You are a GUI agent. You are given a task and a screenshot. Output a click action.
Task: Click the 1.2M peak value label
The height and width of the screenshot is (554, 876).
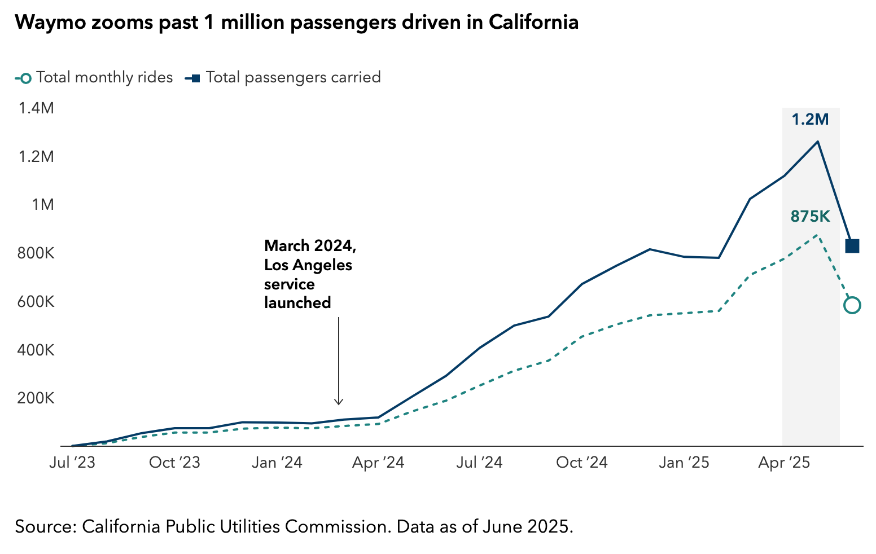pos(810,120)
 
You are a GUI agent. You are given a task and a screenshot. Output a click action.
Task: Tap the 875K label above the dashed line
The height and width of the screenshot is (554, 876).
pos(810,217)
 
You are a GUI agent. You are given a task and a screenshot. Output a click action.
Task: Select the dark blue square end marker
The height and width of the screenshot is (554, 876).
pos(852,246)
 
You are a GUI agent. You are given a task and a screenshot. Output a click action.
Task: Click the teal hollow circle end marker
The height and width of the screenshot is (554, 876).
pos(852,305)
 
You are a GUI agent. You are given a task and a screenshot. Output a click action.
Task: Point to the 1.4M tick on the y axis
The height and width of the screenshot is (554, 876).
pos(36,108)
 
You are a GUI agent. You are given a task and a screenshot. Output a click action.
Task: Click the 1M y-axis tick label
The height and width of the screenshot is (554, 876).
pos(43,204)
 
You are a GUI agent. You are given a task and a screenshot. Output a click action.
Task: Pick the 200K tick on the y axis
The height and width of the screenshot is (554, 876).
pos(36,398)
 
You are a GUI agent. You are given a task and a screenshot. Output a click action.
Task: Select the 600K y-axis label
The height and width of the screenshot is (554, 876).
pos(36,302)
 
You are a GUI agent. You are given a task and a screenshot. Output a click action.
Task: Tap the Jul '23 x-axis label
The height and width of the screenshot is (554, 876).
pos(72,463)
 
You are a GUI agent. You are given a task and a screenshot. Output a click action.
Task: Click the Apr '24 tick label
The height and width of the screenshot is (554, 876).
pos(378,463)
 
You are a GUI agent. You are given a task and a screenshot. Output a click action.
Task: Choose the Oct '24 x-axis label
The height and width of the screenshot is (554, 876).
pos(582,463)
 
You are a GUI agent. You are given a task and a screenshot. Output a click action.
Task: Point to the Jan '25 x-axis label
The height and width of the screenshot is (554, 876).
pos(684,463)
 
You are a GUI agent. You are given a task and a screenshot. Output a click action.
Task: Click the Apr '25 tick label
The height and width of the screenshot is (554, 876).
pos(784,463)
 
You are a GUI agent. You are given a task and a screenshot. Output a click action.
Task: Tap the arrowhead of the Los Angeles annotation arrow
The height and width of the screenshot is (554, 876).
pos(339,402)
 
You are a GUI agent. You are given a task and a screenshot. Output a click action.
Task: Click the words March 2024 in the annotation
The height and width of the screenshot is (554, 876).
pos(310,246)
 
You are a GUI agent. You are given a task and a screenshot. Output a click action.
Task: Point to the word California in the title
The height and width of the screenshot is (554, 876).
pos(533,22)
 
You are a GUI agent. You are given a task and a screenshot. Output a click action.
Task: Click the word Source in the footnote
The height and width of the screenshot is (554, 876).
pos(45,526)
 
